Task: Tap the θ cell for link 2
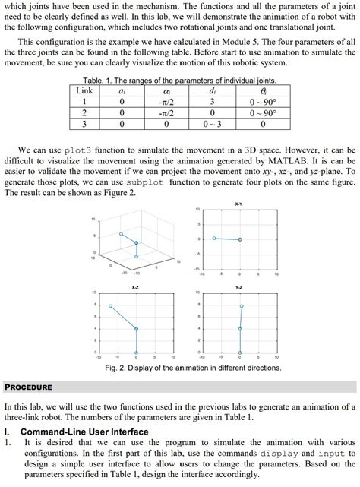coord(263,112)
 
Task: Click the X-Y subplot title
coord(240,204)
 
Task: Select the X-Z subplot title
coord(135,288)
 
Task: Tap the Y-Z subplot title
coord(240,288)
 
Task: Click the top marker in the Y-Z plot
coord(242,306)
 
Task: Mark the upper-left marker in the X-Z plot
coord(111,306)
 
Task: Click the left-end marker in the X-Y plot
coord(214,239)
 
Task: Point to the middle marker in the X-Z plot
coord(136,330)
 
